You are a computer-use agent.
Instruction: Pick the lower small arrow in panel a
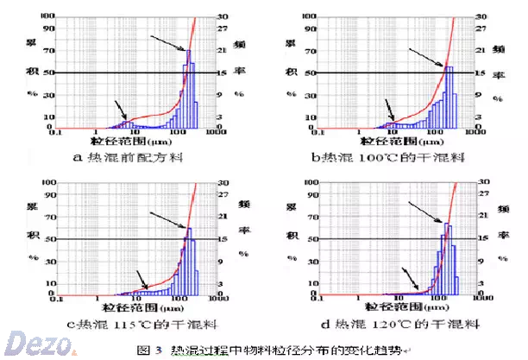(x=118, y=110)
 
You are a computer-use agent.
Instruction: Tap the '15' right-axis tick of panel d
(x=486, y=239)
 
